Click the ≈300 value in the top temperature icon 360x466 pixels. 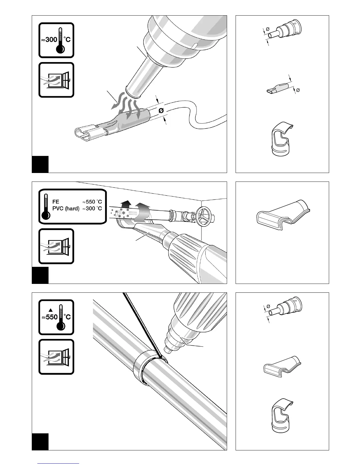[50, 39]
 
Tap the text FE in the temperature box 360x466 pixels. [56, 202]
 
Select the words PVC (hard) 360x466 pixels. [66, 209]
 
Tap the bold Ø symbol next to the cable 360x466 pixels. [161, 111]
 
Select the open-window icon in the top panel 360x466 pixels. [56, 80]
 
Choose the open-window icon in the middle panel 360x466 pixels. [56, 246]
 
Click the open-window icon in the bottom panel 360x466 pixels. [56, 357]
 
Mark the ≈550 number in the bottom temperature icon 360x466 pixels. [50, 317]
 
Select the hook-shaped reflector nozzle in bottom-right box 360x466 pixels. [281, 415]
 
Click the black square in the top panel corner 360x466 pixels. [40, 164]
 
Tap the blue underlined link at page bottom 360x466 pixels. [58, 463]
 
